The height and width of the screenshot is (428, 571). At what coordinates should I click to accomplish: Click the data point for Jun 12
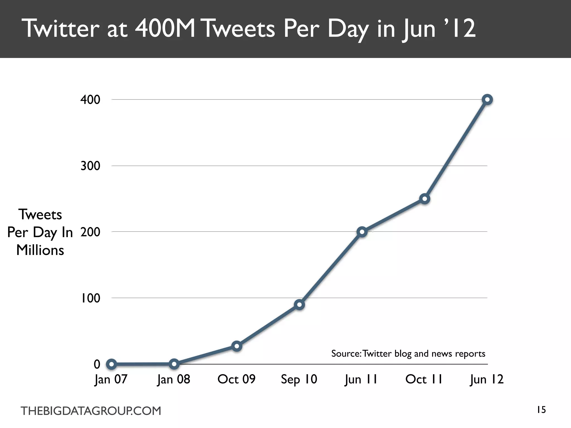pyautogui.click(x=487, y=99)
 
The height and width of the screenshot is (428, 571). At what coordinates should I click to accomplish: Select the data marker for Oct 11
pyautogui.click(x=424, y=199)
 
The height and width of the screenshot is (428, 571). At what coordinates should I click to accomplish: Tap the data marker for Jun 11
pyautogui.click(x=362, y=232)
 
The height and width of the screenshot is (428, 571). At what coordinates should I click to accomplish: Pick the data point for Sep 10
pyautogui.click(x=299, y=305)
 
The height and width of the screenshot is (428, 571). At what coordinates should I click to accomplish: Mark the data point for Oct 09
pyautogui.click(x=236, y=346)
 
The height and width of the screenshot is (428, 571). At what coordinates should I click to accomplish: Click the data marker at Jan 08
pyautogui.click(x=174, y=364)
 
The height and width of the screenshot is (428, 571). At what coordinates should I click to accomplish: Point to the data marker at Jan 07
pyautogui.click(x=111, y=364)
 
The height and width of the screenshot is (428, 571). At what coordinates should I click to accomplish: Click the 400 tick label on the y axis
pyautogui.click(x=90, y=100)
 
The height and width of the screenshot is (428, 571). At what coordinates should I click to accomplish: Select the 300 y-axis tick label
pyautogui.click(x=90, y=166)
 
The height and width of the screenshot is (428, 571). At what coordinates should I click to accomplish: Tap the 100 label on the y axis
pyautogui.click(x=90, y=298)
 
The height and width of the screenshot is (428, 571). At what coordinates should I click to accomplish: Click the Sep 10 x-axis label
pyautogui.click(x=299, y=379)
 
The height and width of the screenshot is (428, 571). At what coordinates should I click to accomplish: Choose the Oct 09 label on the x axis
pyautogui.click(x=236, y=379)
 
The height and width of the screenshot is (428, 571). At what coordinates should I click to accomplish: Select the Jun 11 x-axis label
pyautogui.click(x=361, y=379)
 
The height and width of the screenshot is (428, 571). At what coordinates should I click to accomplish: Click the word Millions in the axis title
pyautogui.click(x=40, y=250)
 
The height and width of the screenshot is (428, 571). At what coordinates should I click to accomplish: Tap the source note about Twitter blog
pyautogui.click(x=408, y=354)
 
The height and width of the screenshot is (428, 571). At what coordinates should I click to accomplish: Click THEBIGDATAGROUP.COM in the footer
pyautogui.click(x=91, y=411)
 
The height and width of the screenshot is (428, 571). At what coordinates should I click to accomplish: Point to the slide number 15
pyautogui.click(x=541, y=410)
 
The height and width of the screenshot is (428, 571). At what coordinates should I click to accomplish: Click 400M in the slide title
pyautogui.click(x=165, y=29)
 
